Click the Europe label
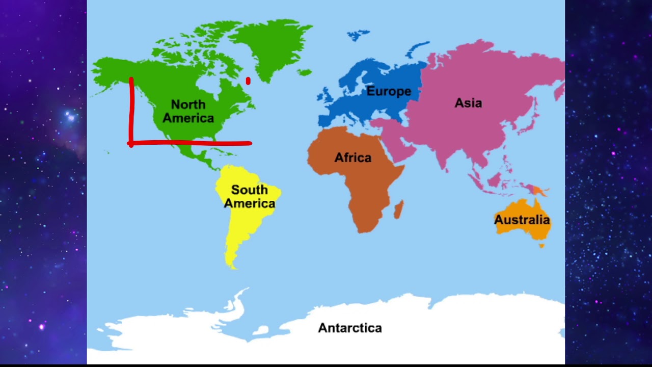click(389, 92)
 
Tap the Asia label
click(468, 103)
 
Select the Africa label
click(352, 158)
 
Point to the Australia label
click(522, 220)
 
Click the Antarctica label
click(350, 328)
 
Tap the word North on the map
click(188, 104)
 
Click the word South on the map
click(249, 190)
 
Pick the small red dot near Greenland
click(248, 81)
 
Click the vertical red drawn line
click(131, 110)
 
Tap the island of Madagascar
click(399, 209)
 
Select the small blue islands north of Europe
click(359, 35)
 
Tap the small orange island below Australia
click(542, 246)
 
